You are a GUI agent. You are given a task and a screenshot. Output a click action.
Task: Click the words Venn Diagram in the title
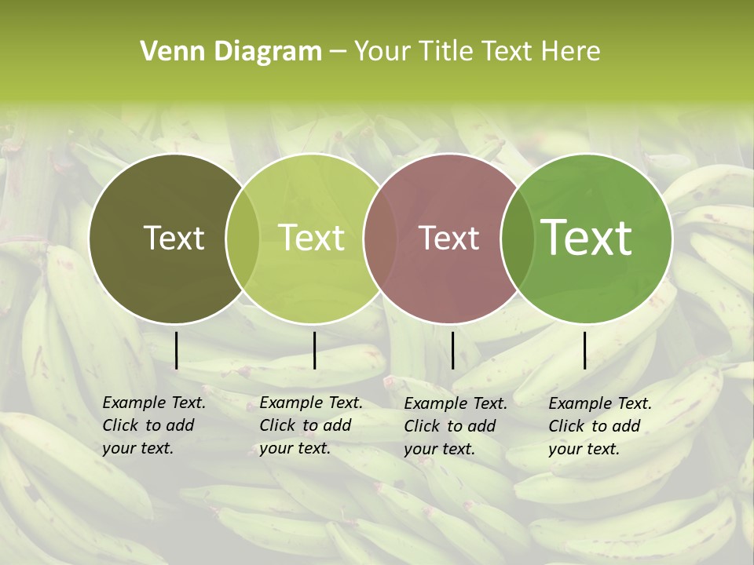tap(231, 52)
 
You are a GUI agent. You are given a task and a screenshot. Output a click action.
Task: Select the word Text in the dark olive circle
tap(174, 239)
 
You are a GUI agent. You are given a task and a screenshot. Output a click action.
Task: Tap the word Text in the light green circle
tap(312, 239)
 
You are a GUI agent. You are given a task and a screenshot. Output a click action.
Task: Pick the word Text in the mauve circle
tap(449, 239)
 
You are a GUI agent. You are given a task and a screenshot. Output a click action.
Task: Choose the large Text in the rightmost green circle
tap(587, 239)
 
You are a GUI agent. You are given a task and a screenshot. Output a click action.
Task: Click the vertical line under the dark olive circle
tap(177, 350)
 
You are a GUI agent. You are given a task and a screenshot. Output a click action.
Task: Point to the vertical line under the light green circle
tap(314, 350)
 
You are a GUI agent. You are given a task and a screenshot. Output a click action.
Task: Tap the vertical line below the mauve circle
tap(452, 350)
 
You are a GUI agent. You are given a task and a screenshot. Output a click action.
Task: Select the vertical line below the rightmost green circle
tap(585, 350)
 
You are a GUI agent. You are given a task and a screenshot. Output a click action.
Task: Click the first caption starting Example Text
tap(153, 425)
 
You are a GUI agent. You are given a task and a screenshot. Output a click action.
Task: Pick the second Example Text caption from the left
tap(310, 425)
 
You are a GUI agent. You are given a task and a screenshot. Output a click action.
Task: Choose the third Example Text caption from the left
tap(455, 426)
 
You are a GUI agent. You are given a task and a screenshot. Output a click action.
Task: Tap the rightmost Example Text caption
tap(599, 426)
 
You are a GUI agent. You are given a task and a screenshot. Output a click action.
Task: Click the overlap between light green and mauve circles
tap(379, 239)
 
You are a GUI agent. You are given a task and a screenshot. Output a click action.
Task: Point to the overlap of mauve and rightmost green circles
tap(514, 239)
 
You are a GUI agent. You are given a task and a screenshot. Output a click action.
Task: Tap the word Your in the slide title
tap(381, 52)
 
